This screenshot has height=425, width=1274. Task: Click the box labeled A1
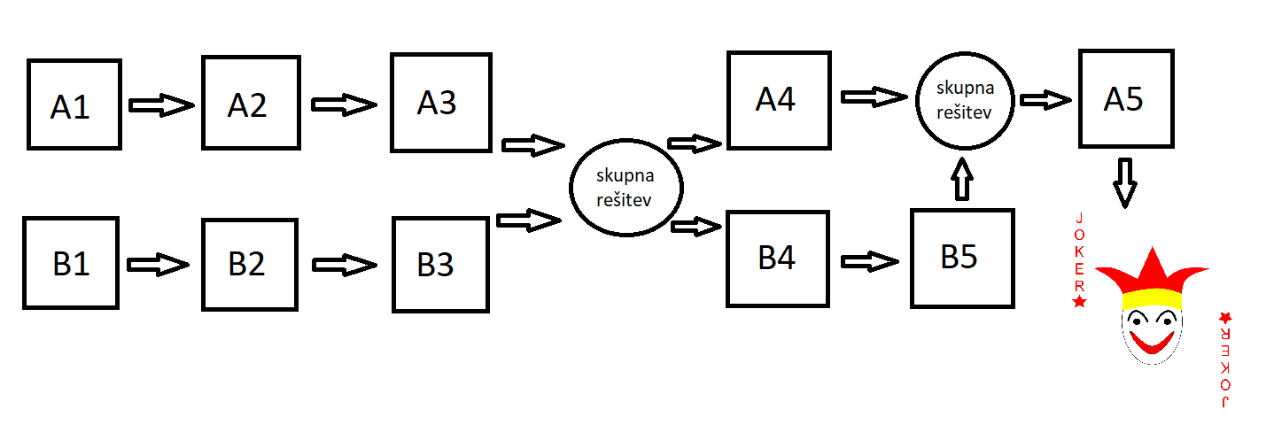73,104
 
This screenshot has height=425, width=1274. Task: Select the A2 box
248,103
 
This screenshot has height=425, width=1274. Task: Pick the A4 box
778,98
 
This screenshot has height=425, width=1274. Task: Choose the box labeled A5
1125,97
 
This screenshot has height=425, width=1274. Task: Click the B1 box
71,263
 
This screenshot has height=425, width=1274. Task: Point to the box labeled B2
247,264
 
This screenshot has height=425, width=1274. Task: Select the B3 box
440,265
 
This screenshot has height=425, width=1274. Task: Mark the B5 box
961,258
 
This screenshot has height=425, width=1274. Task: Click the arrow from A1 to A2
161,106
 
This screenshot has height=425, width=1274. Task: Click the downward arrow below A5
1124,182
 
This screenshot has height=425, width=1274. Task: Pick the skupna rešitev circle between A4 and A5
964,101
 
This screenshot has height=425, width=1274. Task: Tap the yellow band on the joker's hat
1152,297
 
